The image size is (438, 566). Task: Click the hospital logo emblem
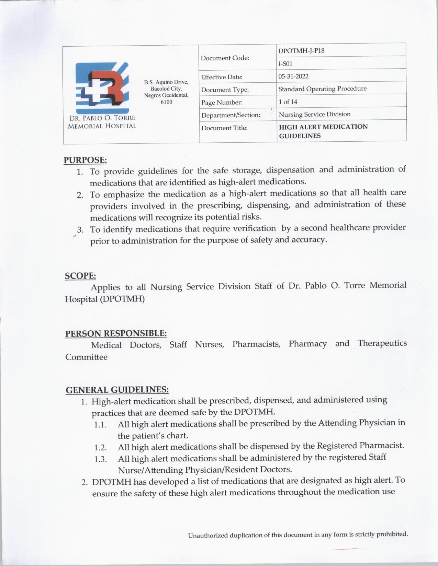(102, 88)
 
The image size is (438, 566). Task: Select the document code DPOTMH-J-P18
(301, 51)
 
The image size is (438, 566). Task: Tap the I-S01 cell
(285, 63)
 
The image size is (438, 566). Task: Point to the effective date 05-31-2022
(293, 76)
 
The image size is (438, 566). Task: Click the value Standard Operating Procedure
(322, 89)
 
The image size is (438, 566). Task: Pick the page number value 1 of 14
(288, 102)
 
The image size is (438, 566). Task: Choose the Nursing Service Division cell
(315, 114)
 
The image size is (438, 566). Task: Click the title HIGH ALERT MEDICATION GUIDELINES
(323, 131)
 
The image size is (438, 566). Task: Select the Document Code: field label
(225, 58)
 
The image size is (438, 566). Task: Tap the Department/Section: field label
(231, 115)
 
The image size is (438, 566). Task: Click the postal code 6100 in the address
(166, 102)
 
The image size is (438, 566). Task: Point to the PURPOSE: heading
(85, 160)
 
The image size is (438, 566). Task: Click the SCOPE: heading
(80, 276)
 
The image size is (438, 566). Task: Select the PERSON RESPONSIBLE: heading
(116, 333)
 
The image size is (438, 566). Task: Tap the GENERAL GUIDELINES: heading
(117, 390)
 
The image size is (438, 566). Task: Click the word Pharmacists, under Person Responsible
(256, 344)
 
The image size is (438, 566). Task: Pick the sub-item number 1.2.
(101, 448)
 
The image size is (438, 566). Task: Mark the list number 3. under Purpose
(80, 229)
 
